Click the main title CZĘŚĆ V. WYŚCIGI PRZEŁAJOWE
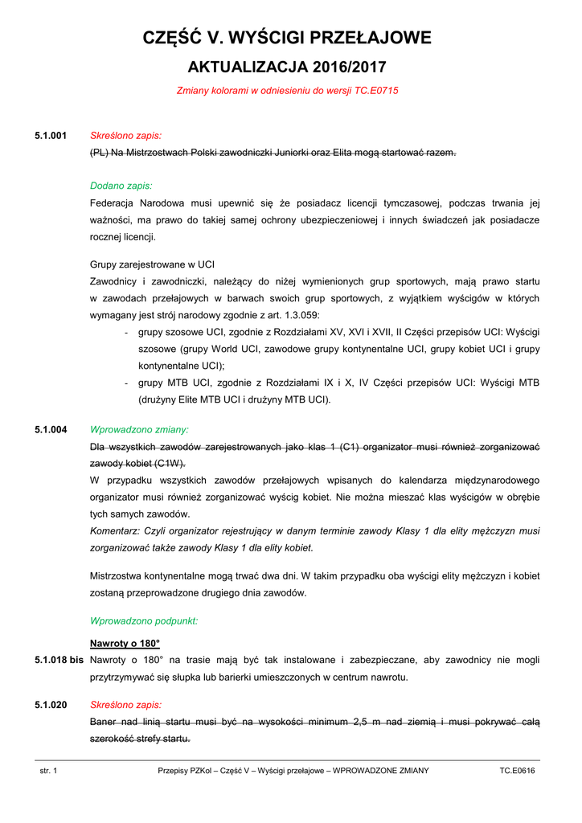pos(287,38)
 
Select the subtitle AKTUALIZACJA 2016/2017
pos(287,67)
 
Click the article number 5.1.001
pos(51,136)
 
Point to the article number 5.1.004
pos(51,430)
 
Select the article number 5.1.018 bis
pos(59,660)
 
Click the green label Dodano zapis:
pos(121,186)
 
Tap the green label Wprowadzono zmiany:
pos(139,430)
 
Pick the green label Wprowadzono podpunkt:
pos(144,621)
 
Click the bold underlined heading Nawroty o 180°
pos(125,644)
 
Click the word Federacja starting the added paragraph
pos(113,203)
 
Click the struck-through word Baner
pos(103,721)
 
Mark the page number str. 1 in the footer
pos(49,771)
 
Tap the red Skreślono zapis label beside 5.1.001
pos(125,136)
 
